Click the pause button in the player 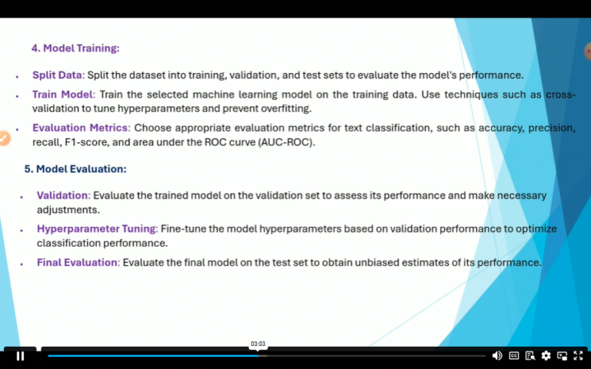click(x=20, y=356)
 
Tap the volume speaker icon click(x=497, y=356)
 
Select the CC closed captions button click(x=514, y=356)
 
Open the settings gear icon click(x=546, y=356)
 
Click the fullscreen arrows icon click(x=578, y=356)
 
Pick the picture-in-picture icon click(x=563, y=356)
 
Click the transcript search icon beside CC click(x=530, y=356)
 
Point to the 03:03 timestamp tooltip click(x=258, y=344)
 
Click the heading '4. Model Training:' click(x=75, y=48)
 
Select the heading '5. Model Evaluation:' click(x=75, y=169)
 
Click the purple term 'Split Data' click(x=57, y=75)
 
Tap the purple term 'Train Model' click(x=62, y=95)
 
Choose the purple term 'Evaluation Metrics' click(x=80, y=128)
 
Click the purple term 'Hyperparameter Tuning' click(x=97, y=229)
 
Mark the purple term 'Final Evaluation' click(x=78, y=262)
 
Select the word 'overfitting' click(x=282, y=108)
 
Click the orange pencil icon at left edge click(x=4, y=138)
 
